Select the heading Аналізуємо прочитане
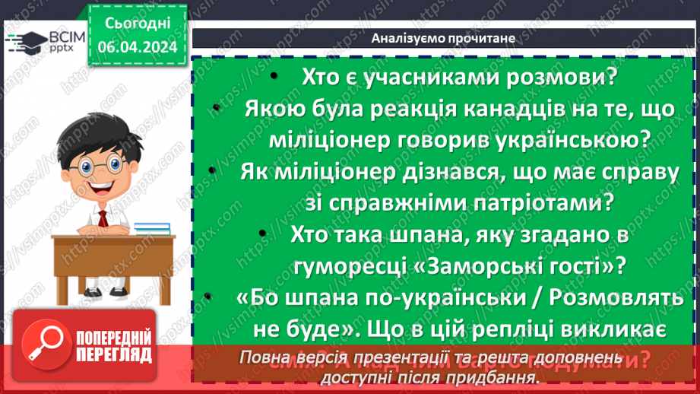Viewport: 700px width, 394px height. [x=445, y=37]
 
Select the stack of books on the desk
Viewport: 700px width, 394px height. [x=153, y=227]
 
